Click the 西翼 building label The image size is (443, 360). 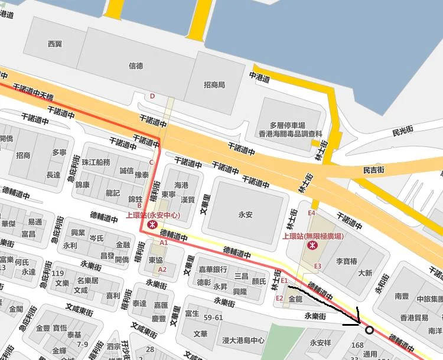[55, 44]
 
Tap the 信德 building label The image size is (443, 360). [135, 66]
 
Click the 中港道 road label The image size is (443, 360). [259, 77]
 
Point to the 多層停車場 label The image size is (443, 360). [287, 125]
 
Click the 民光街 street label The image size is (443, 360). [405, 132]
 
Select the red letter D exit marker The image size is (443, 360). [152, 96]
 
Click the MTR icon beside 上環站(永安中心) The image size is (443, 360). [152, 225]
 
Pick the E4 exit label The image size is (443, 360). [312, 213]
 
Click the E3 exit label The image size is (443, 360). [317, 266]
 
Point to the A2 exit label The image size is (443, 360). [164, 270]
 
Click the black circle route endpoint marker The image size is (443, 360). [369, 330]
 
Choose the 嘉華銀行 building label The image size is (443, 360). [213, 270]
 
